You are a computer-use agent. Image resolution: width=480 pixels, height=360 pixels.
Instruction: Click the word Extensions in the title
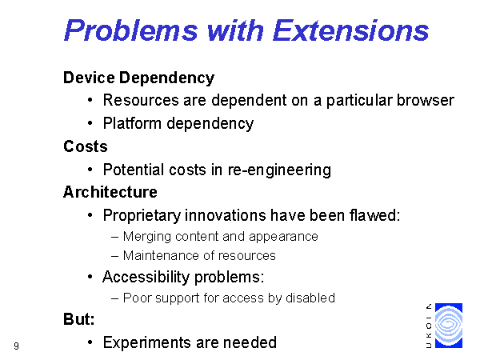click(350, 30)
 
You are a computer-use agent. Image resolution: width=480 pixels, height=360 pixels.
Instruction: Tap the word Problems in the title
click(131, 30)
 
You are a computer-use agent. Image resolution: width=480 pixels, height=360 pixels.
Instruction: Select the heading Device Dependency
click(138, 78)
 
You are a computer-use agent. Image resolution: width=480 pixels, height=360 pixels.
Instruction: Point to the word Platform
click(132, 123)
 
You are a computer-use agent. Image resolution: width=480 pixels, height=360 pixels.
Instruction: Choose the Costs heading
click(86, 146)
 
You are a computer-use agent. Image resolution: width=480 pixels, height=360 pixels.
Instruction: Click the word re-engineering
click(279, 170)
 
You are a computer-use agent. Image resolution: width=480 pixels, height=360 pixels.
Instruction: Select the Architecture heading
click(110, 192)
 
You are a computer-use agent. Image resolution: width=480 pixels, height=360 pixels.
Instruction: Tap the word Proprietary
click(142, 215)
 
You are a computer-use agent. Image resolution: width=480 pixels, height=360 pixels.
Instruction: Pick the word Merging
click(147, 237)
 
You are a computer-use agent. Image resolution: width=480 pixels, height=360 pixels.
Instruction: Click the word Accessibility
click(146, 277)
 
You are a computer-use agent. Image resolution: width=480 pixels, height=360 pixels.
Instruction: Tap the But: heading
click(79, 319)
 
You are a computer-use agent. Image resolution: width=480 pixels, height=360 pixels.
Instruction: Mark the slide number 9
click(16, 346)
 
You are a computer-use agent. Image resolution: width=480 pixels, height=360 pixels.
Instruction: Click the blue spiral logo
click(449, 326)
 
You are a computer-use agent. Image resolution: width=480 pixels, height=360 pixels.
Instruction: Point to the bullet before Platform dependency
click(90, 123)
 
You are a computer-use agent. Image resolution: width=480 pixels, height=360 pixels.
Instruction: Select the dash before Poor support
click(114, 298)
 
